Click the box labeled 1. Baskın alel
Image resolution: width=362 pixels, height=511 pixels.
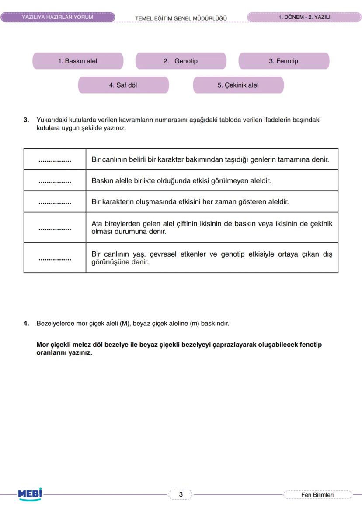point(78,61)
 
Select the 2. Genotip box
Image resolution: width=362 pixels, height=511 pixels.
point(181,61)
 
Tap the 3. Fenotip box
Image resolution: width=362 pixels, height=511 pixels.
point(283,61)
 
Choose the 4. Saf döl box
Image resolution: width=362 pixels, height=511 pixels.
point(123,85)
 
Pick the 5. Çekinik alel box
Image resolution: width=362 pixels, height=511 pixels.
point(238,85)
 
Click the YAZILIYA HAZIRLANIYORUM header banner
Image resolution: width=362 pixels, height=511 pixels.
point(57,18)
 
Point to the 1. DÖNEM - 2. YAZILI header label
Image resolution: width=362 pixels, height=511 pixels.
point(304,18)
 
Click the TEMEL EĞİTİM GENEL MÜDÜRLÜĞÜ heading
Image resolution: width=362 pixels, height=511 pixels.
point(181,18)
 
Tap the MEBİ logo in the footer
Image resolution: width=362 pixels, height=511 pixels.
point(30,494)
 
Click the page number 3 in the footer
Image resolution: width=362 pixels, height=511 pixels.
point(181,495)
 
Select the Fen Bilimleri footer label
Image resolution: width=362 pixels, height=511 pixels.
point(317,495)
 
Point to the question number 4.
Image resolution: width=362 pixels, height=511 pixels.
point(26,324)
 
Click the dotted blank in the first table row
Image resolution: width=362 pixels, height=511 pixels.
point(55,160)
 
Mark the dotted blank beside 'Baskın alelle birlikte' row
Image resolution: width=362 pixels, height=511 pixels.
point(55,180)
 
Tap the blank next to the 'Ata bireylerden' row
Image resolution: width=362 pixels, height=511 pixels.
point(55,228)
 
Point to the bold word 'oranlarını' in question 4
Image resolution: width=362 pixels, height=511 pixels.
point(51,353)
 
